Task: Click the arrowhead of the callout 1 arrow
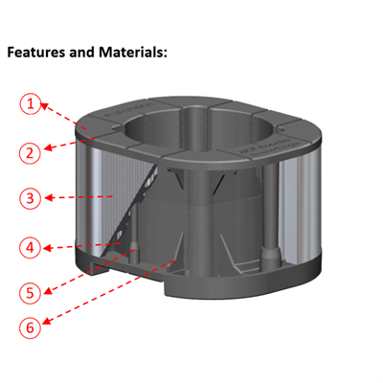tap(92, 127)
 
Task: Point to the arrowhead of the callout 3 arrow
tap(117, 196)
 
